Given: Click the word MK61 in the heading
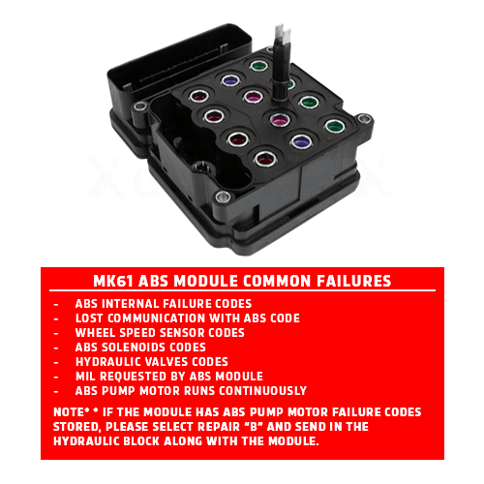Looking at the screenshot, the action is [113, 281].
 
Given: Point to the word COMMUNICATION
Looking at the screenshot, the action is [157, 318].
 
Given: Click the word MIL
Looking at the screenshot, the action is [85, 377].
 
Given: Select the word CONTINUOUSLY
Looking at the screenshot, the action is [263, 391].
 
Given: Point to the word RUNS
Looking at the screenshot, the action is [199, 391].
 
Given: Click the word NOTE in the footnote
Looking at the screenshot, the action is [69, 412].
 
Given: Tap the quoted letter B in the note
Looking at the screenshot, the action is [254, 427].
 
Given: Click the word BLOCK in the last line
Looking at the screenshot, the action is [141, 441].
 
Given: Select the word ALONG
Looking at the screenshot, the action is [183, 441].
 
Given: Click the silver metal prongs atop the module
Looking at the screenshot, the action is [283, 33].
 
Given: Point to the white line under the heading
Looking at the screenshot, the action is [242, 290].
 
